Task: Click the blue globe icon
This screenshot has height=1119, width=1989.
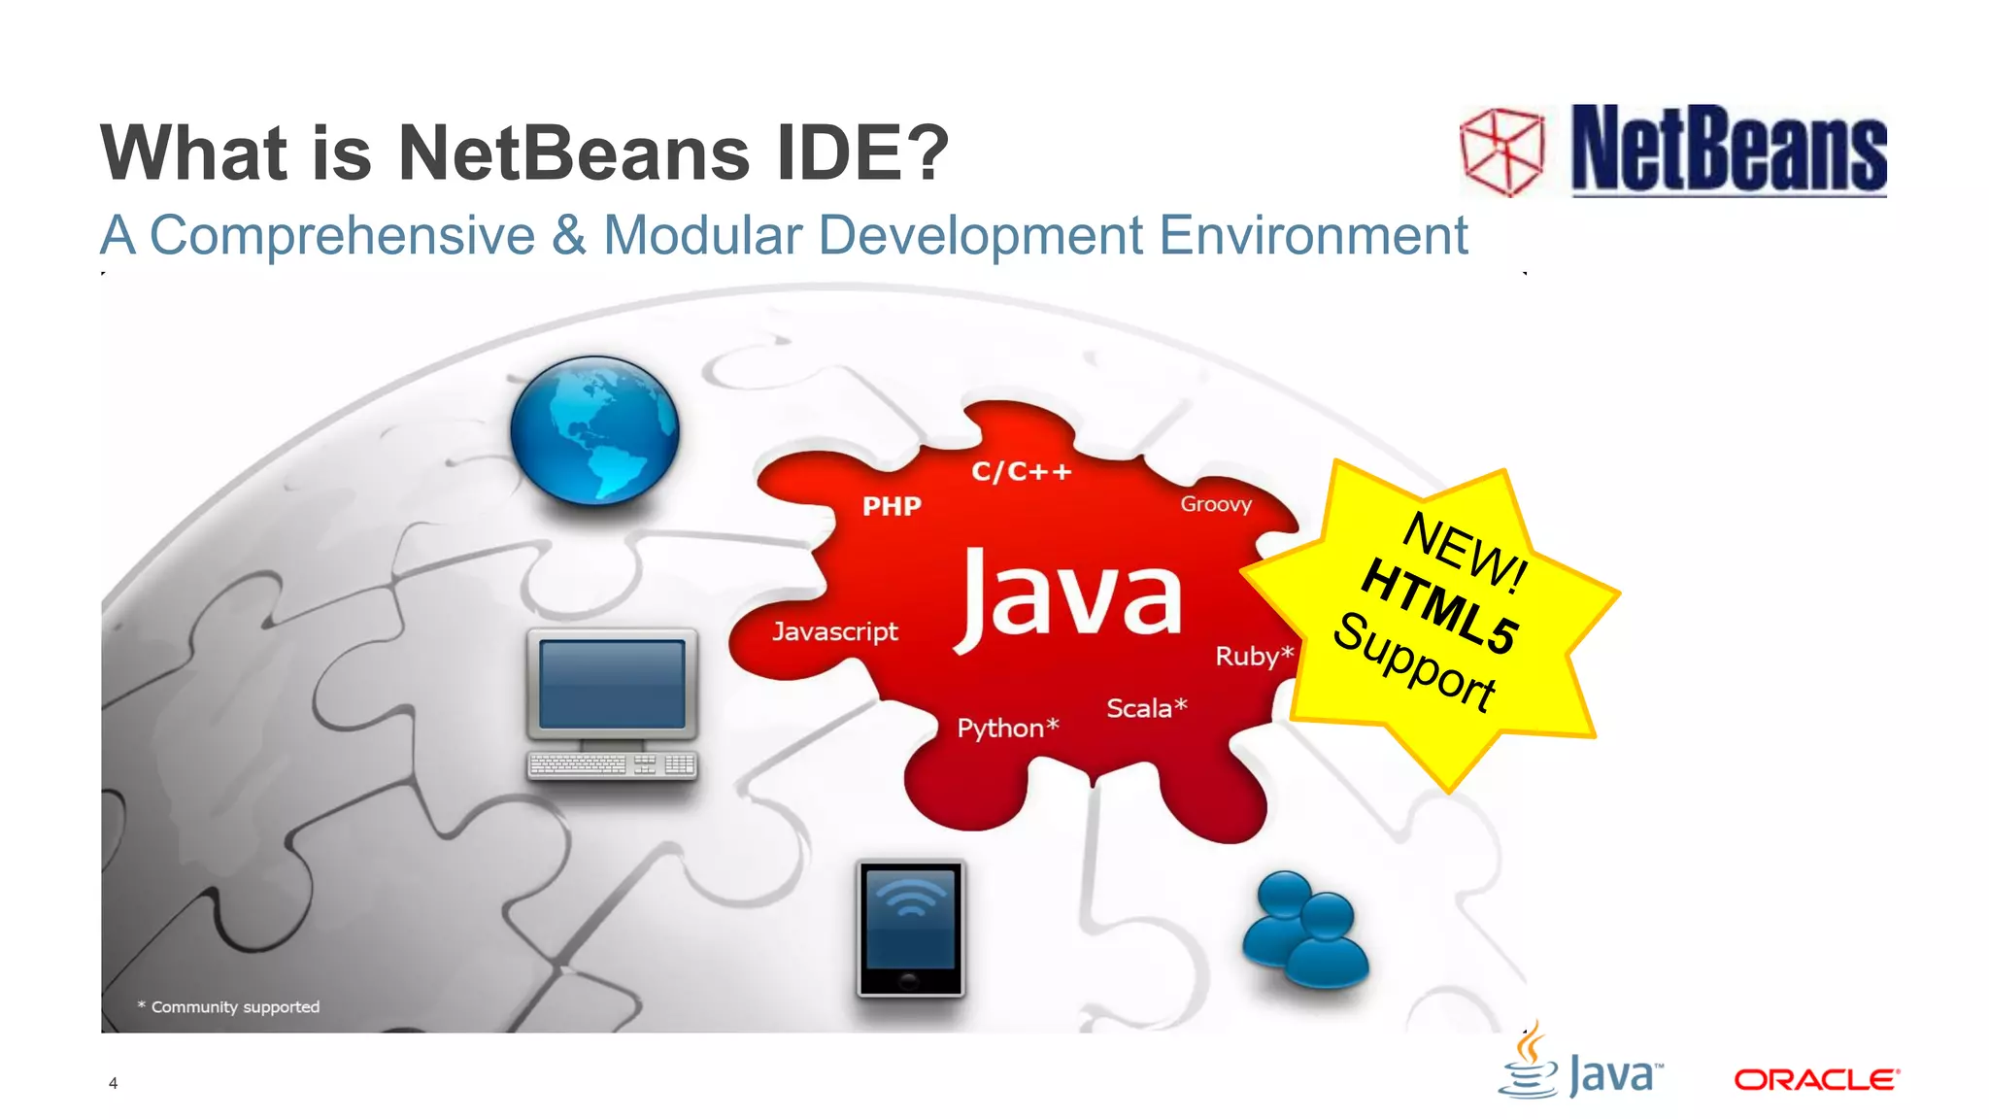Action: (594, 429)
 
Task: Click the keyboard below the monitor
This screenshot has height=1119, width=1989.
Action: (612, 765)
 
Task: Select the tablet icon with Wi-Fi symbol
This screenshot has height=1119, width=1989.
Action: (910, 928)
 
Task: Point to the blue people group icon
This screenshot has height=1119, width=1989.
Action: (1305, 931)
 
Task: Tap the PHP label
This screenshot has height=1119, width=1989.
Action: (892, 506)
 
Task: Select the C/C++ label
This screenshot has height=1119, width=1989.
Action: (1022, 472)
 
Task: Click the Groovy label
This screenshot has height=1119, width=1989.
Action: (1216, 504)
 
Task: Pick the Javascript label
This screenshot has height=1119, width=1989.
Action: (835, 631)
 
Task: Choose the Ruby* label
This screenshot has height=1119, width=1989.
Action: (1254, 656)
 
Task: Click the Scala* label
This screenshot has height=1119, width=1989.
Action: (1146, 708)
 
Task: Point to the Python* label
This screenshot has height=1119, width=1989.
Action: (1007, 728)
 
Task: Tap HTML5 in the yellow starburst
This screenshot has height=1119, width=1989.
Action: (1439, 607)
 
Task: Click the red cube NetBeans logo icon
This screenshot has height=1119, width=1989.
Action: (1502, 152)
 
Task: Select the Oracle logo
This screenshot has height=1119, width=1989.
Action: (1816, 1080)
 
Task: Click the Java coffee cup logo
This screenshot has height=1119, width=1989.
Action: (1529, 1064)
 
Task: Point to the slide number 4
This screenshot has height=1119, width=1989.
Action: (114, 1083)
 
